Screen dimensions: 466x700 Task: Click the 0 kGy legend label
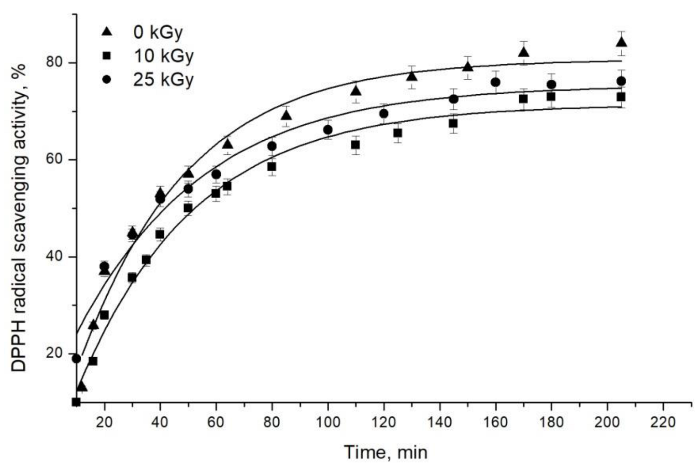[x=158, y=32]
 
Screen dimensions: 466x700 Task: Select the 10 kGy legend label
[x=163, y=56]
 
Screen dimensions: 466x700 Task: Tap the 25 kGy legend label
[x=163, y=79]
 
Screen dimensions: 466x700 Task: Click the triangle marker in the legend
[x=107, y=32]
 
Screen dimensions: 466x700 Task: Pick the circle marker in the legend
[x=107, y=79]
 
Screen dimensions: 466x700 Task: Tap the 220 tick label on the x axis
[x=663, y=422]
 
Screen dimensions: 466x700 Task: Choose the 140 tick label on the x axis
[x=440, y=422]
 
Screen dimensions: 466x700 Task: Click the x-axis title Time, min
[x=386, y=452]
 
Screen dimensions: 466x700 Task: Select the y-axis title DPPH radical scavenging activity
[x=19, y=218]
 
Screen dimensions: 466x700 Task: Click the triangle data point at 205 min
[x=621, y=43]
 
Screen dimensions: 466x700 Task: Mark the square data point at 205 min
[x=621, y=97]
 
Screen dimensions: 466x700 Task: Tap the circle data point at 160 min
[x=495, y=82]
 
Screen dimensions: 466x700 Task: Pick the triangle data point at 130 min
[x=412, y=76]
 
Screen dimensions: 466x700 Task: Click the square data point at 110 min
[x=356, y=145]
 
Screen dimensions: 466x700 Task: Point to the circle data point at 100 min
[x=328, y=130]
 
